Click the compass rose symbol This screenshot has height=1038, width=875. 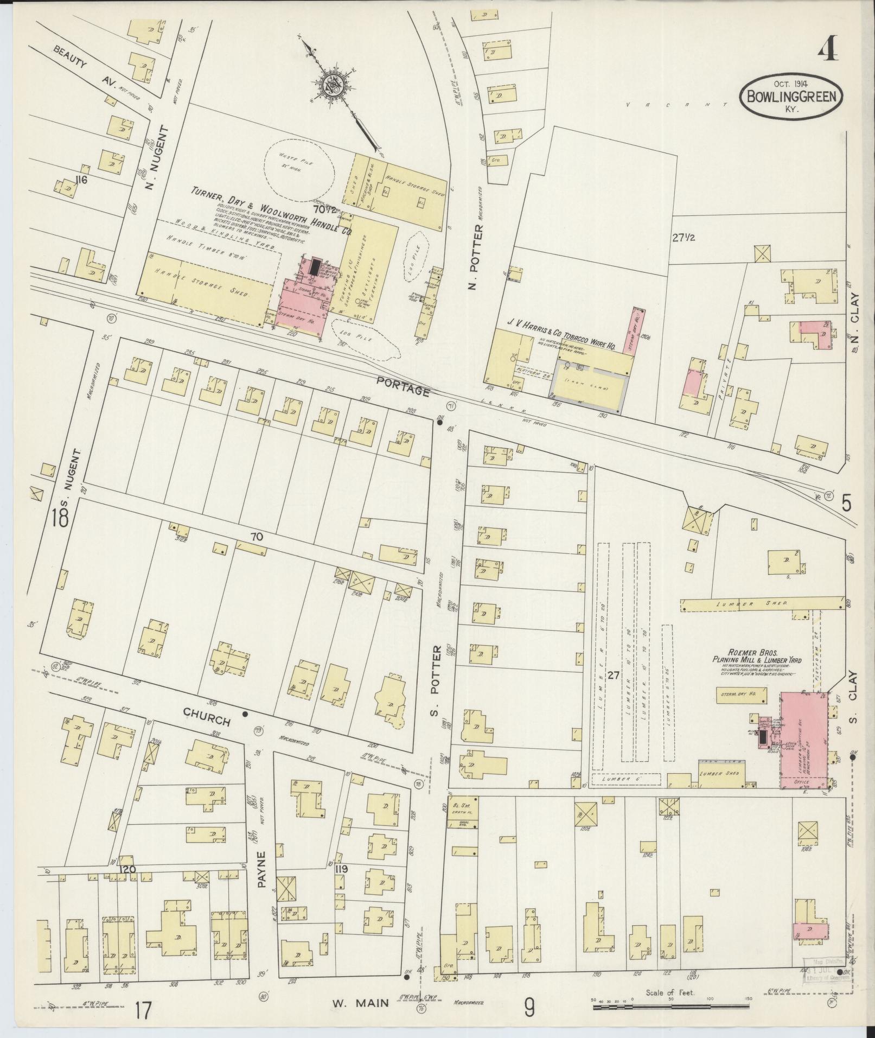tap(331, 84)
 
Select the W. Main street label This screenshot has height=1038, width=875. tap(360, 1003)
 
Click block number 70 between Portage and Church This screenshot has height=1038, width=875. tap(257, 537)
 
